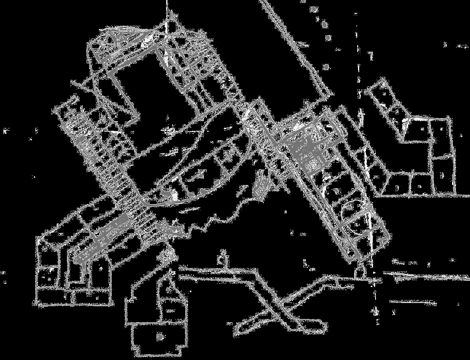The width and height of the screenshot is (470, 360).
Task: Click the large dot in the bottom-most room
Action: (x=160, y=337)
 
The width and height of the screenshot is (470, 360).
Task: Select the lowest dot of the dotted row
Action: (x=326, y=67)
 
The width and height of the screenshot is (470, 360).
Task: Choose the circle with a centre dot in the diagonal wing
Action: (x=348, y=207)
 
